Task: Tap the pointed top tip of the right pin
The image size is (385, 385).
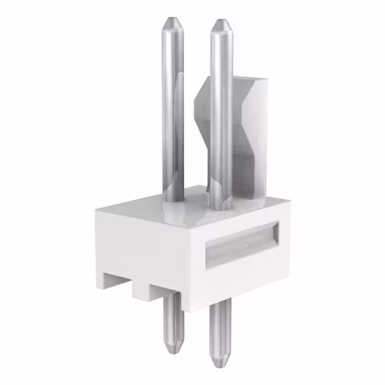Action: point(220,24)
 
